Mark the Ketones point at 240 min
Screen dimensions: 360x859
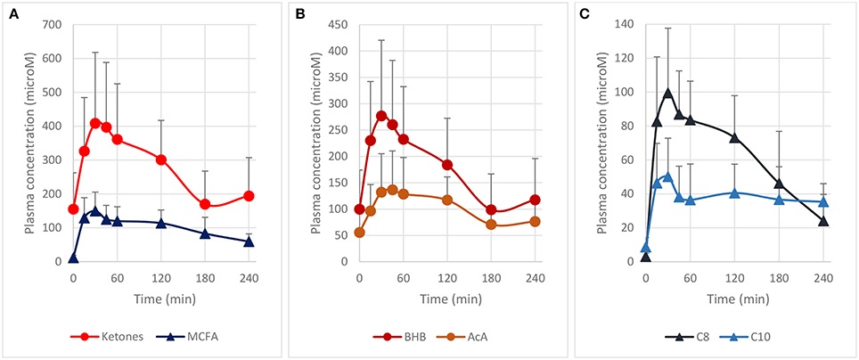pyautogui.click(x=250, y=196)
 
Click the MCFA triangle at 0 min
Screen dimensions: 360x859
pyautogui.click(x=73, y=258)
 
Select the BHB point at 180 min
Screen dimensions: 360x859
pyautogui.click(x=491, y=210)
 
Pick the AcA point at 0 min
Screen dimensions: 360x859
pyautogui.click(x=359, y=233)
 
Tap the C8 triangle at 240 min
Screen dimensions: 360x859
pyautogui.click(x=823, y=221)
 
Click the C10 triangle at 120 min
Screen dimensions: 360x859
pyautogui.click(x=735, y=192)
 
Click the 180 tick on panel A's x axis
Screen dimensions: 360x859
pyautogui.click(x=205, y=278)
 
